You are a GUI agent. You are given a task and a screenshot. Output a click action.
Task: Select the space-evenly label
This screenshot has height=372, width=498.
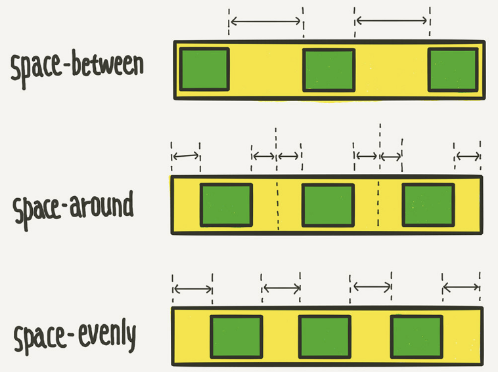(x=74, y=337)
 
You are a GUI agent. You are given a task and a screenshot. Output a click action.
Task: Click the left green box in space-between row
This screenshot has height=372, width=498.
(x=204, y=69)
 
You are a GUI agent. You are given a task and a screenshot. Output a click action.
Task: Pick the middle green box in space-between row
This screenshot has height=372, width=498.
(x=328, y=70)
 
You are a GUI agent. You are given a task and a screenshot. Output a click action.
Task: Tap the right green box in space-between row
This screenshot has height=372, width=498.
(x=453, y=70)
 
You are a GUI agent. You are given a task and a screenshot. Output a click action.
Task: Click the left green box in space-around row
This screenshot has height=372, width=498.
(x=227, y=205)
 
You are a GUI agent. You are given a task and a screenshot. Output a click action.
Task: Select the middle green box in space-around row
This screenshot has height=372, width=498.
(x=328, y=205)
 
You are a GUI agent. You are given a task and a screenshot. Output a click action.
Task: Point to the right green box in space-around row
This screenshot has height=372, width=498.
(x=428, y=205)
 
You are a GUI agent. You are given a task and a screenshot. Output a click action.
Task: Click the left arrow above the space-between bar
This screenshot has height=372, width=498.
(x=265, y=21)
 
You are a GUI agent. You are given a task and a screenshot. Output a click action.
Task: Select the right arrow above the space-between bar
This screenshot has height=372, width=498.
(x=392, y=21)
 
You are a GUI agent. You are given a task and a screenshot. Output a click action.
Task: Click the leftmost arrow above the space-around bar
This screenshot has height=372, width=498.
(x=185, y=156)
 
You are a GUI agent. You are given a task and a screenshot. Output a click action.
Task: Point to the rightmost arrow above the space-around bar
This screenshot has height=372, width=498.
(x=468, y=156)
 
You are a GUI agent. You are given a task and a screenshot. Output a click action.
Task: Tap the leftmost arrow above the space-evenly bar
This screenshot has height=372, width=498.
(x=192, y=288)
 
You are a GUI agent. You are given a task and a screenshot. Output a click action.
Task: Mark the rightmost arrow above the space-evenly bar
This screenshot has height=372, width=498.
(x=461, y=287)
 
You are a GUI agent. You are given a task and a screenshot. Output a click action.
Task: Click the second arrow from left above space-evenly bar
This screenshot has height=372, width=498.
(x=281, y=287)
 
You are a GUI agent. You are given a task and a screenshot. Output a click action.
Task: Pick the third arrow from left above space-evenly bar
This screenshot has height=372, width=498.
(x=372, y=286)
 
